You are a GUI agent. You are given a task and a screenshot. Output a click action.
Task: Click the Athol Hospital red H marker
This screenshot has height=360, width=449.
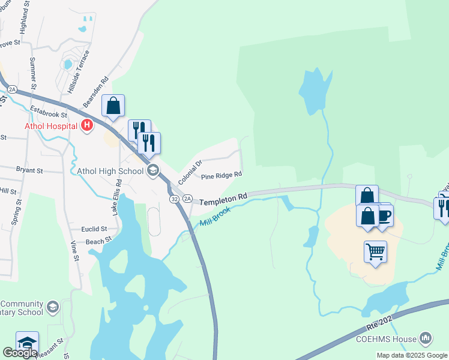click(87, 125)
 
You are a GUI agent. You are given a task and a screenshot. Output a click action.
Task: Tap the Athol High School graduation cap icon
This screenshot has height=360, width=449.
click(152, 171)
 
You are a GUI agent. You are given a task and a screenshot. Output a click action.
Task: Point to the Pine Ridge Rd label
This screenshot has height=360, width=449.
click(221, 175)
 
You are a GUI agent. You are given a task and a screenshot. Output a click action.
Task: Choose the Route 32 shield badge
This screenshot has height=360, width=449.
click(173, 198)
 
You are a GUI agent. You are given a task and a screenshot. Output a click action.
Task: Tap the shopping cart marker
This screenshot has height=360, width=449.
click(376, 251)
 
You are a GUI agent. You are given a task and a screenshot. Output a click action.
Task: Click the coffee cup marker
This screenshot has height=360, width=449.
click(384, 215)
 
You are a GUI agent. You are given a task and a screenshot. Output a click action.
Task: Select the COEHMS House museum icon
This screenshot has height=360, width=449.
click(426, 339)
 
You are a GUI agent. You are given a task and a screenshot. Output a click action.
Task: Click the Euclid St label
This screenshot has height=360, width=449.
click(95, 229)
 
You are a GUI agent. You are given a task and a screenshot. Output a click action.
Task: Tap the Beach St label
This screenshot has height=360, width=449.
click(99, 240)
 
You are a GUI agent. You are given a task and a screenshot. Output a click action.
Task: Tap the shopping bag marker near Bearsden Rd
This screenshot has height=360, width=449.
click(113, 106)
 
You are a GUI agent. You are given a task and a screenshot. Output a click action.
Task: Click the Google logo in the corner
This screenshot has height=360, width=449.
click(20, 353)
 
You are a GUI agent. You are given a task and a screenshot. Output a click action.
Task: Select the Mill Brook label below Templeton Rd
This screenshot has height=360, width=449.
click(214, 215)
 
